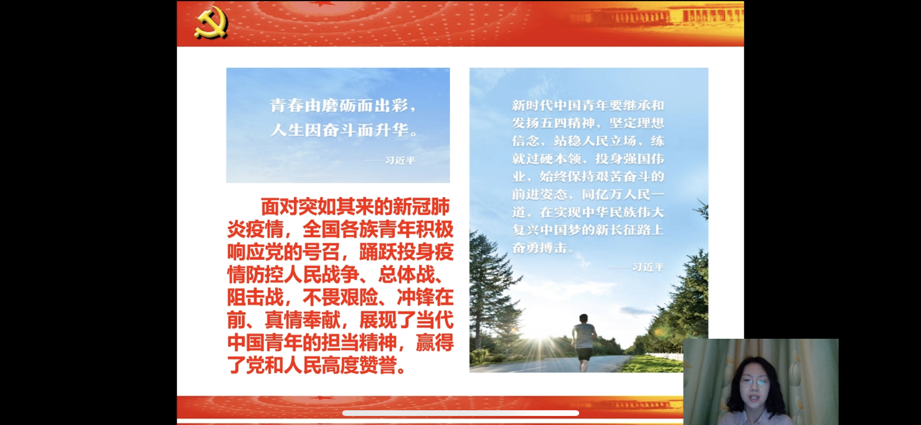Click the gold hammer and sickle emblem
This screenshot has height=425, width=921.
pos(211,23)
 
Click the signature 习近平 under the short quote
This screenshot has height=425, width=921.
pos(400,161)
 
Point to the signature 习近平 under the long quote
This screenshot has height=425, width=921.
pos(648,267)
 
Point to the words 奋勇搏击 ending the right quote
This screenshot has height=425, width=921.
pos(540,248)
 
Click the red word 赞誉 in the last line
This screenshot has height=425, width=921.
pos(378,365)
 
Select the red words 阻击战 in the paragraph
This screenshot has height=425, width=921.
pos(255,297)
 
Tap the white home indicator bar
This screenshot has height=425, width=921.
pos(460,413)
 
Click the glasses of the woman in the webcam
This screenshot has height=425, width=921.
pos(754,382)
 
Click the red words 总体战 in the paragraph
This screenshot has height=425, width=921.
pos(406,275)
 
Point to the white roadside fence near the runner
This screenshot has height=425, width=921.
pos(665,356)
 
